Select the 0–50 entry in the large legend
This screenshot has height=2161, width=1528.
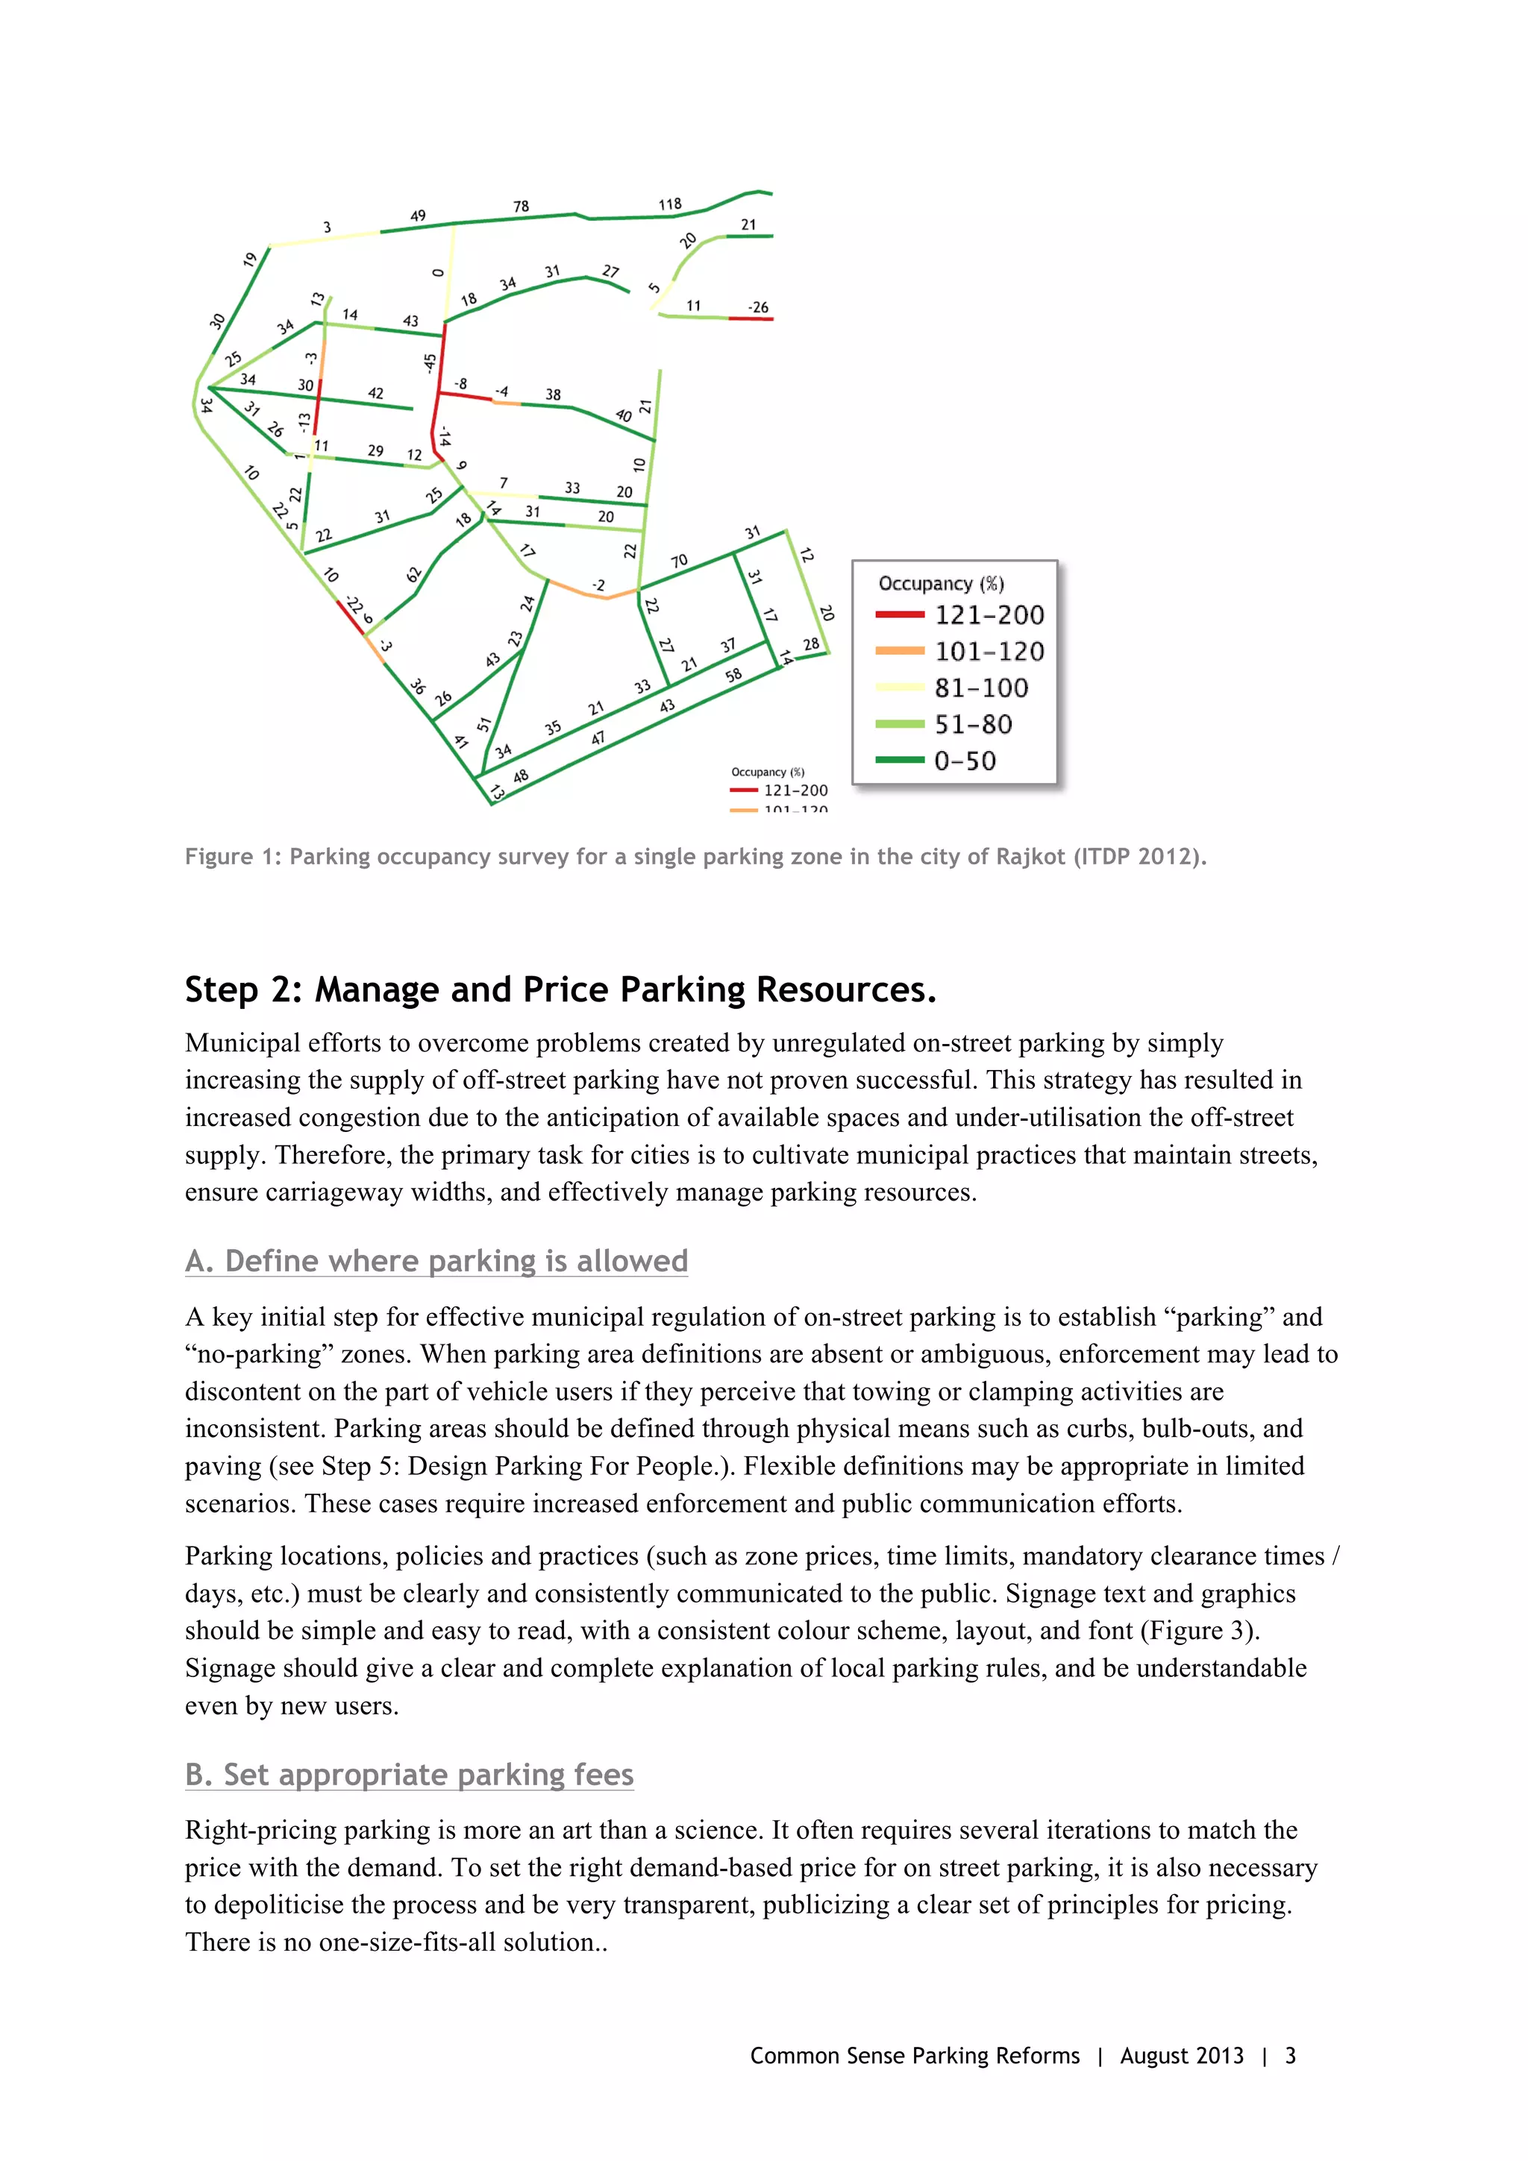pos(964,761)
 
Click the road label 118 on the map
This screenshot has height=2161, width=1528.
pos(669,204)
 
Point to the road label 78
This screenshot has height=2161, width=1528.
pos(521,206)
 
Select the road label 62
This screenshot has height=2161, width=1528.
pos(414,574)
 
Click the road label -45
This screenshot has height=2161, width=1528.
pos(429,362)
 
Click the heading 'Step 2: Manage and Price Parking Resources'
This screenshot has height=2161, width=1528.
pos(560,990)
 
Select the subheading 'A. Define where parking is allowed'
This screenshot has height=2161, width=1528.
pos(436,1261)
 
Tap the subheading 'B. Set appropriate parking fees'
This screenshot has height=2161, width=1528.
pos(409,1775)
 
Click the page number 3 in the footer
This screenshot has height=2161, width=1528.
pos(1290,2056)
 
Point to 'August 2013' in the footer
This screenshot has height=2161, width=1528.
pos(1182,2056)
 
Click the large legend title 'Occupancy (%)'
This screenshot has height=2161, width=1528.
pos(941,584)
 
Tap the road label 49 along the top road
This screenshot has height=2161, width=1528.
pos(418,216)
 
